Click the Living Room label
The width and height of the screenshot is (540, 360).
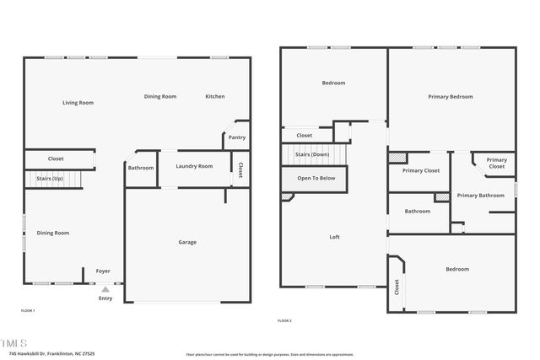coord(78,103)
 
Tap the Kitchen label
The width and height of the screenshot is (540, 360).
coord(215,97)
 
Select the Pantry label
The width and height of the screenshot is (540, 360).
coord(237,137)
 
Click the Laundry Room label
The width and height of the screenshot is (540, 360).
coord(194,167)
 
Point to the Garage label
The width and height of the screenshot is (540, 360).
coord(187,243)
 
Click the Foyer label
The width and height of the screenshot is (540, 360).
coord(103,271)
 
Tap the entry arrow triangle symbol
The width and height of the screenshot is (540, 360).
coord(105,289)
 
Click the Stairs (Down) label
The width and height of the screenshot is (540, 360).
coord(312,155)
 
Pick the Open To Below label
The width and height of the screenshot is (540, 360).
coord(316,179)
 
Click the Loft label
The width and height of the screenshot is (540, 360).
coord(334,237)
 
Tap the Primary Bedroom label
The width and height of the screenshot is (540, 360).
coord(449,97)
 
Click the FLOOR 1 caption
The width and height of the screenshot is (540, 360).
coord(28,311)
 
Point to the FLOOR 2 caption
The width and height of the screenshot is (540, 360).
coord(284,320)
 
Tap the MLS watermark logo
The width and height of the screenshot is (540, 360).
coord(14,343)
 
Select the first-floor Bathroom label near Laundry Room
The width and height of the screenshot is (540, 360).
coord(141,168)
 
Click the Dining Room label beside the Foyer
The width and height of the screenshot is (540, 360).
coord(52,233)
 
